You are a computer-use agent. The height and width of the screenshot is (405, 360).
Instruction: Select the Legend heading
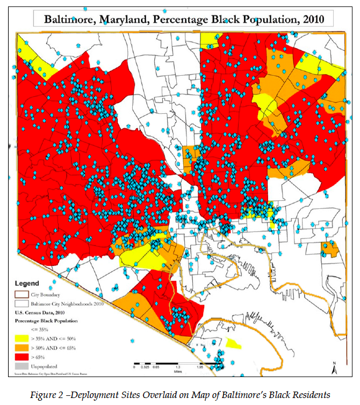(x=27, y=283)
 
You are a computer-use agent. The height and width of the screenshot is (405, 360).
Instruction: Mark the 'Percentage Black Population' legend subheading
(x=46, y=321)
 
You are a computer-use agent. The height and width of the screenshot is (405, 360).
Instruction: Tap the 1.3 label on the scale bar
(x=177, y=367)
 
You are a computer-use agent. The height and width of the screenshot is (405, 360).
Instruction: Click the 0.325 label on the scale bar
(x=145, y=367)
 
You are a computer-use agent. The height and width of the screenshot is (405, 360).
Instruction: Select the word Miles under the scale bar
(x=177, y=371)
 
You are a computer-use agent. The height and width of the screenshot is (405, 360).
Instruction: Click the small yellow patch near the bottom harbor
(x=233, y=343)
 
